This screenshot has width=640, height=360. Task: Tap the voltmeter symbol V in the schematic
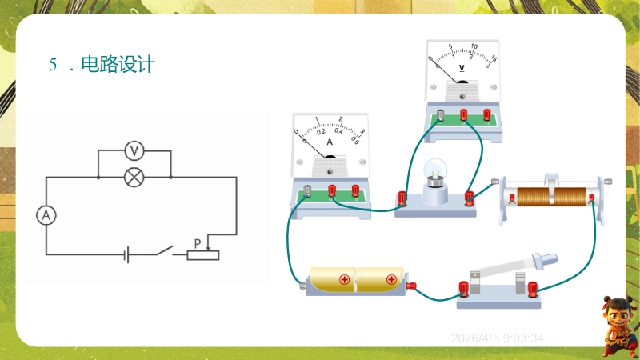click(135, 150)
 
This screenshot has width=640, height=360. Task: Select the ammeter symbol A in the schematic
click(46, 215)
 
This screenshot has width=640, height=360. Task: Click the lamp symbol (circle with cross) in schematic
click(135, 177)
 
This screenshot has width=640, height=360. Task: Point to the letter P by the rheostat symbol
click(198, 242)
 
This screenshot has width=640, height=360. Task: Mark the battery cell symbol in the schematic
click(126, 255)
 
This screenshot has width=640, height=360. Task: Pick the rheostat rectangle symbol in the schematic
click(202, 255)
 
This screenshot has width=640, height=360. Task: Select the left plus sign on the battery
click(345, 280)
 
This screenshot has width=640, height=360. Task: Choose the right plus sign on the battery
click(391, 280)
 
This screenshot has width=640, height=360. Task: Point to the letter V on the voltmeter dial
click(462, 68)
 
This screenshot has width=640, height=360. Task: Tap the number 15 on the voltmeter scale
click(494, 58)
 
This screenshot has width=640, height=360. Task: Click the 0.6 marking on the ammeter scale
click(355, 141)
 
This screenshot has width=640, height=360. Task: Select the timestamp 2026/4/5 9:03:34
click(498, 338)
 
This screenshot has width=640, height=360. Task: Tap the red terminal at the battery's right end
click(411, 285)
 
